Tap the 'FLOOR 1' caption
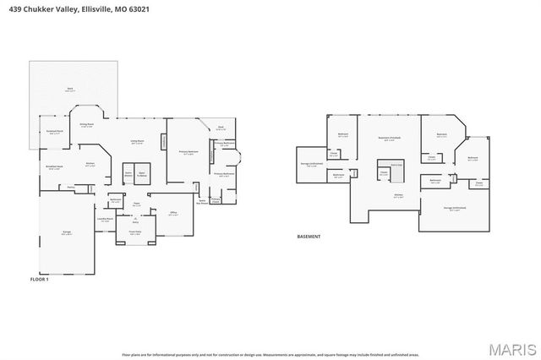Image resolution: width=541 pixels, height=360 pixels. [40, 278]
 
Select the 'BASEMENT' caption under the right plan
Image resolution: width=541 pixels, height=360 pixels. [309, 237]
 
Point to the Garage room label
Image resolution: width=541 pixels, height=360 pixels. [66, 233]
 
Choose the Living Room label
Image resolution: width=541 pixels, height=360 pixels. [136, 142]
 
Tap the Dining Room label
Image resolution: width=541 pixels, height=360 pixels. [86, 125]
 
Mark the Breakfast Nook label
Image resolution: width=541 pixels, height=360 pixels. [55, 167]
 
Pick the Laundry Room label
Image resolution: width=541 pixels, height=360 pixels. [106, 219]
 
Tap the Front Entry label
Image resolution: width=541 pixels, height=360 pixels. [134, 232]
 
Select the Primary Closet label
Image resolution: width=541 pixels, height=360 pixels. [216, 199]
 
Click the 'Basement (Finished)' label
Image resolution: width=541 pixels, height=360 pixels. [389, 139]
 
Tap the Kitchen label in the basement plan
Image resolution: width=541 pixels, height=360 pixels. [398, 195]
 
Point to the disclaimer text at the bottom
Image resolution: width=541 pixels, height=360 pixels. [270, 353]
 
